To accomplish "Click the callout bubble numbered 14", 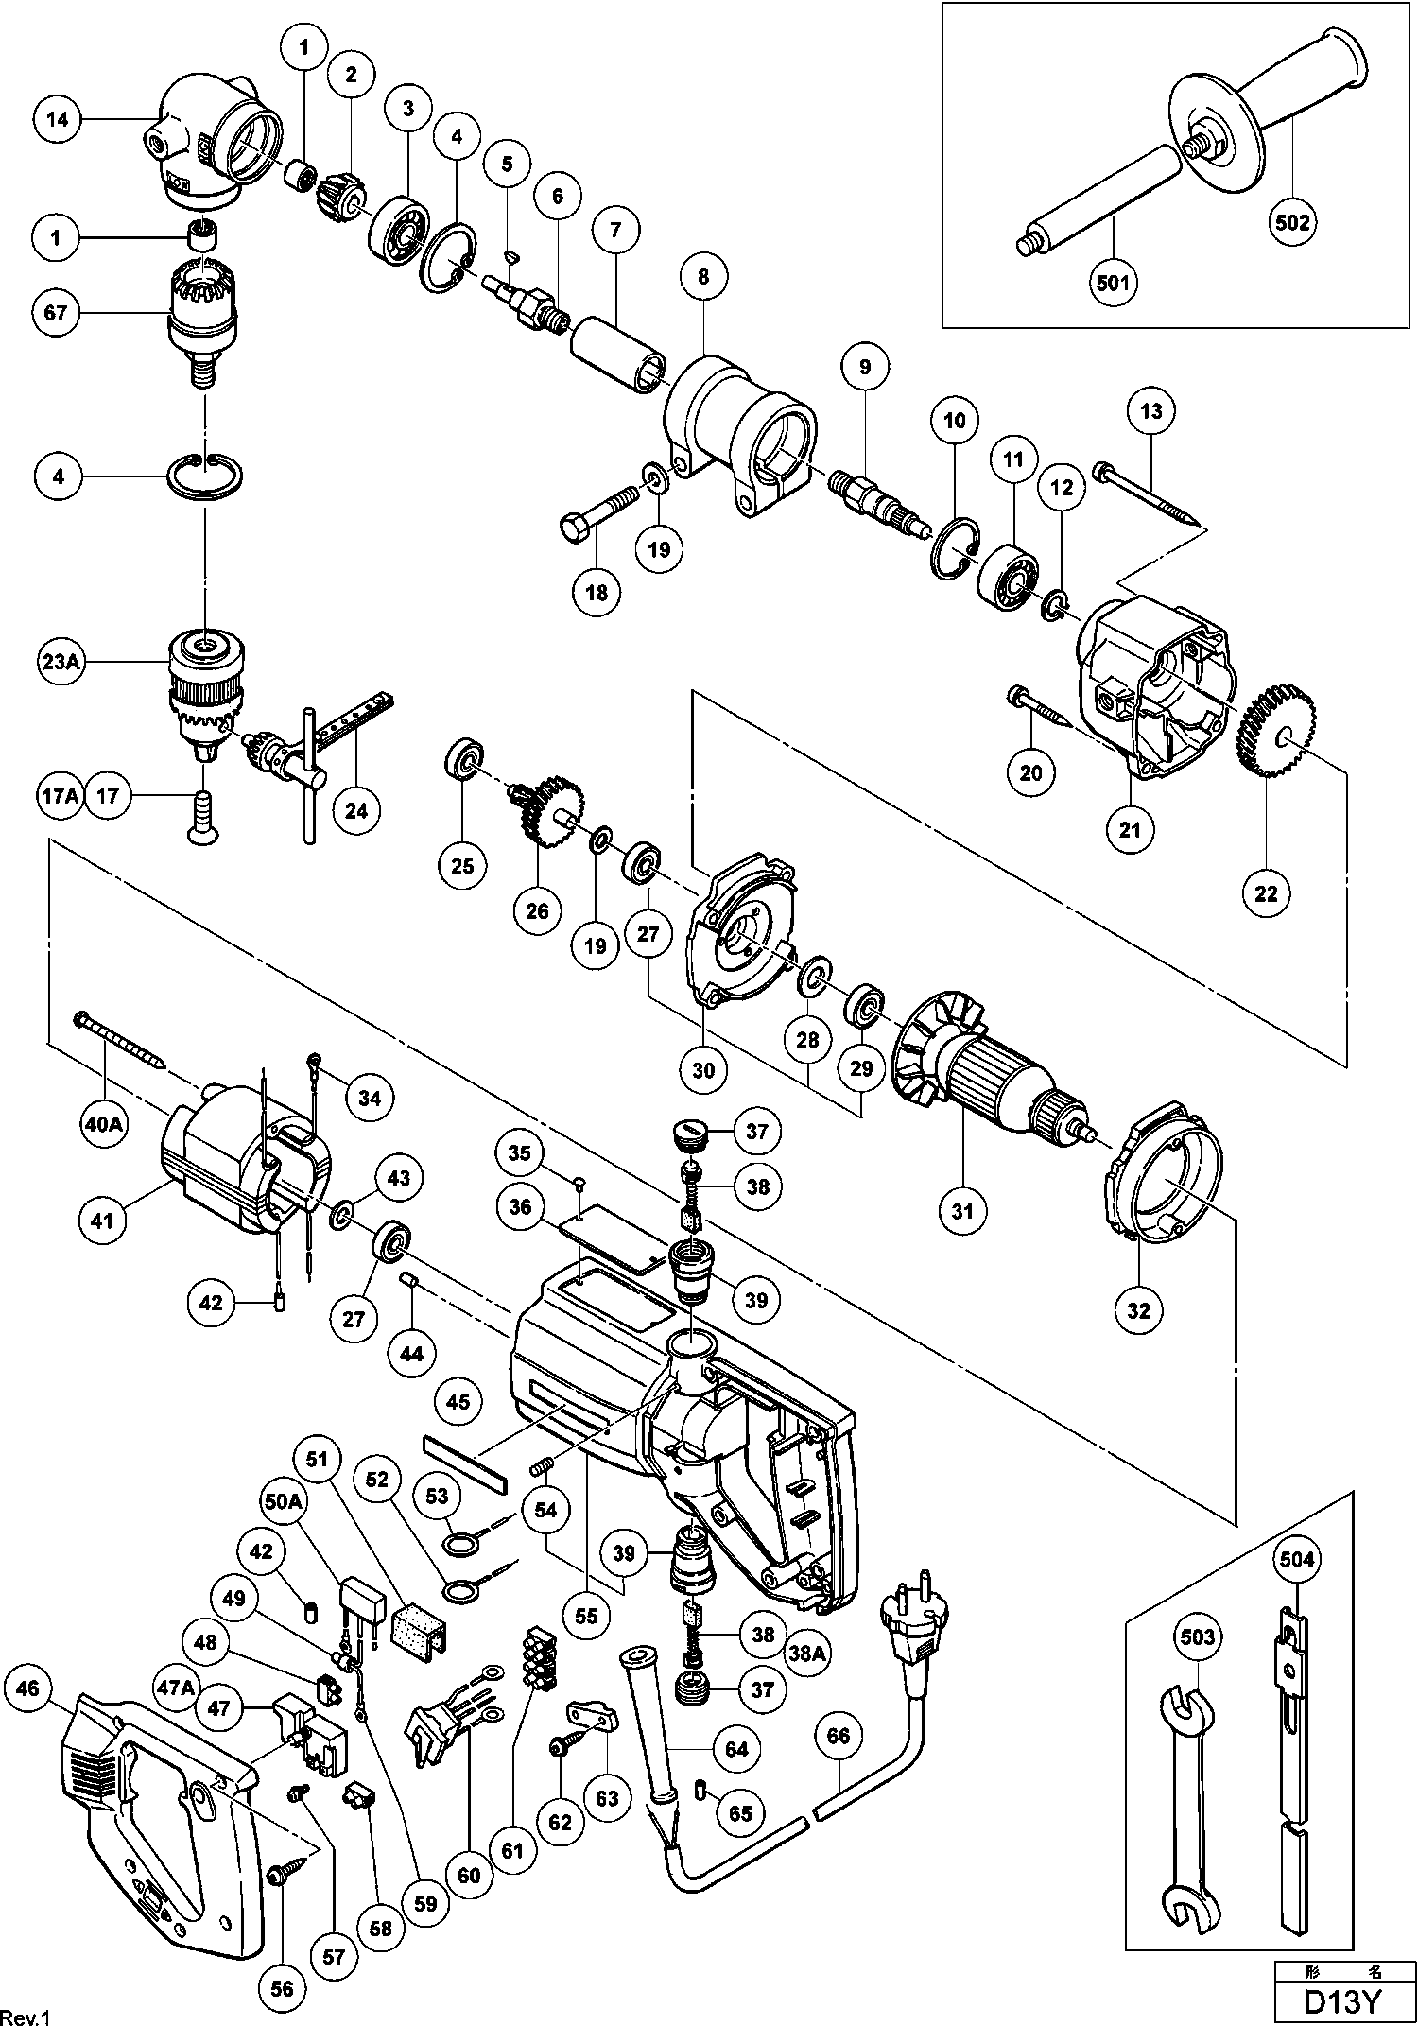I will pyautogui.click(x=57, y=120).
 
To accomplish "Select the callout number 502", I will pyautogui.click(x=1292, y=223).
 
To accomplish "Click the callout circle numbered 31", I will pyautogui.click(x=962, y=1210).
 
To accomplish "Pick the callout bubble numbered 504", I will pyautogui.click(x=1297, y=1558).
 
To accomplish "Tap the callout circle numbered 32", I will pyautogui.click(x=1139, y=1310).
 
